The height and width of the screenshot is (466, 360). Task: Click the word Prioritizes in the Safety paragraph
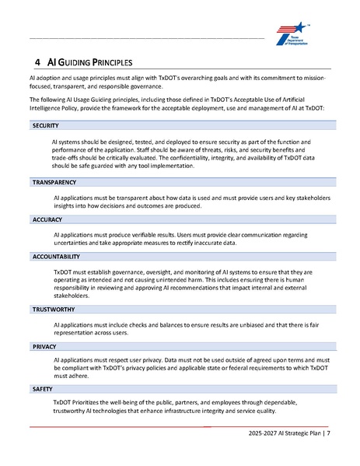(x=93, y=402)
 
